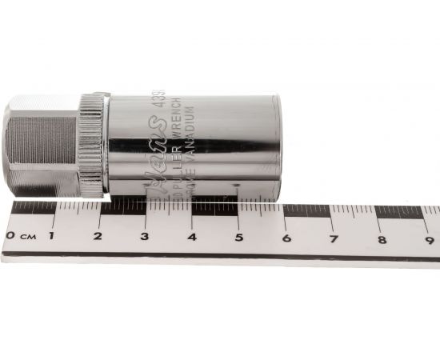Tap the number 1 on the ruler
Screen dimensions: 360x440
(x=52, y=236)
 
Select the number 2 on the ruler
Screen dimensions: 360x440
(x=98, y=236)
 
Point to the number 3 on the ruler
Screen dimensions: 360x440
(x=145, y=237)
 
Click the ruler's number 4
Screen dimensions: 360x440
(x=192, y=237)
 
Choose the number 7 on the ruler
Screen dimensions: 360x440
(x=334, y=238)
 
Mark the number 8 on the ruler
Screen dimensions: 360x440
(x=382, y=238)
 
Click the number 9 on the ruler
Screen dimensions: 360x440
(x=429, y=238)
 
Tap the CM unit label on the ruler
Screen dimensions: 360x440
(x=26, y=235)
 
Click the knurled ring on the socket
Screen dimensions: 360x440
(x=92, y=144)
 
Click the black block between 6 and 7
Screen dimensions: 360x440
(x=307, y=211)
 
